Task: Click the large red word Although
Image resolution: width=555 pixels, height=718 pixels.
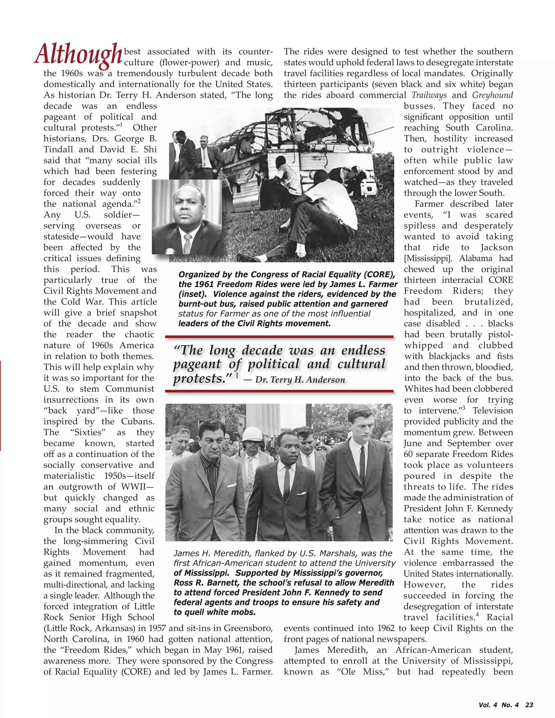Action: click(x=78, y=54)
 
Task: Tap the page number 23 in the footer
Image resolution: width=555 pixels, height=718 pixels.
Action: click(x=529, y=704)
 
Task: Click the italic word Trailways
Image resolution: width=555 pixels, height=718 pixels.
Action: click(x=429, y=95)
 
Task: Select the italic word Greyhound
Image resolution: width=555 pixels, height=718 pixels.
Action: click(x=492, y=95)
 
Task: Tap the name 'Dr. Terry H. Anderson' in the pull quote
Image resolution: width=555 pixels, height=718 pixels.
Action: click(x=300, y=380)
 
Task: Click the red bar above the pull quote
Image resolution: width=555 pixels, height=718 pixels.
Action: click(x=279, y=337)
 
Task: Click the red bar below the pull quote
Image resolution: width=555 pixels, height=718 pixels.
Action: click(x=279, y=391)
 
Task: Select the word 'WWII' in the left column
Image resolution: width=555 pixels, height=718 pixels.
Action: click(x=135, y=487)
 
